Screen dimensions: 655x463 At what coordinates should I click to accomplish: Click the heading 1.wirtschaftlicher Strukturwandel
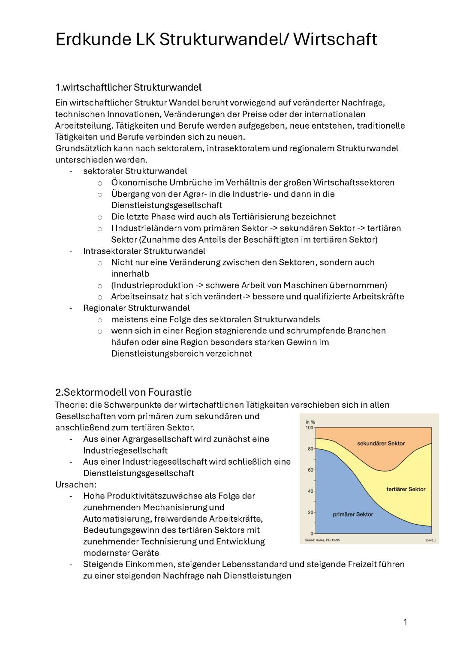[x=128, y=87]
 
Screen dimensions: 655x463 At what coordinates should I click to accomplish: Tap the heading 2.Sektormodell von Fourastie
[x=123, y=392]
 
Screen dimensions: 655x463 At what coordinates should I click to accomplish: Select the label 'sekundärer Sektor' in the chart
[x=381, y=444]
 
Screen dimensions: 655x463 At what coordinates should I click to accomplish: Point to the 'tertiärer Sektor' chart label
[x=406, y=489]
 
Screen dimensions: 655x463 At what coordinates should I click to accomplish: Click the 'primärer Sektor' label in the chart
[x=353, y=514]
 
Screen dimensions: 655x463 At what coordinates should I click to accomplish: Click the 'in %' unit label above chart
[x=310, y=422]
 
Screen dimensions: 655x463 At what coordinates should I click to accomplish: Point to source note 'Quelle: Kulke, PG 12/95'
[x=322, y=540]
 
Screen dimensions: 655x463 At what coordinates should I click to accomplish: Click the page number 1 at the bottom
[x=405, y=622]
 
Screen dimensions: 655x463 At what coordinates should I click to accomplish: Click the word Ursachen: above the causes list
[x=76, y=485]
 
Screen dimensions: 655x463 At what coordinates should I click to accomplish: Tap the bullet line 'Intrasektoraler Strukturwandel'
[x=144, y=251]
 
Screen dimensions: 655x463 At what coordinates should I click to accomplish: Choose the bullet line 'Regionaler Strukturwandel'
[x=136, y=308]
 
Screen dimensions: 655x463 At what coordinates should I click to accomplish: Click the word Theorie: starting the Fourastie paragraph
[x=71, y=405]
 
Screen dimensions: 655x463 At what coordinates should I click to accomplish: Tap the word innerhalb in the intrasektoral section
[x=130, y=274]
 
